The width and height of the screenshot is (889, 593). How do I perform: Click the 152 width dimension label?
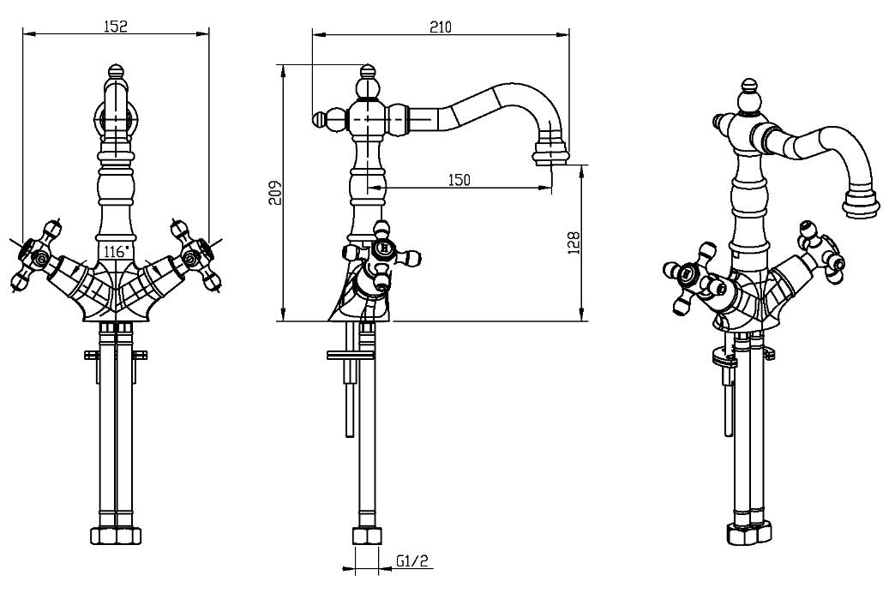(x=116, y=26)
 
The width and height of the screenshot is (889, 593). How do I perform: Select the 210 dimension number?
(x=440, y=27)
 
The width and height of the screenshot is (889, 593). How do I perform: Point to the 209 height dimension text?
(x=273, y=193)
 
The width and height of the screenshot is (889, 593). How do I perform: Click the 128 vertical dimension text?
(x=574, y=242)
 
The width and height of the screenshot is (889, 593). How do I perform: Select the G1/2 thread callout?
(x=412, y=562)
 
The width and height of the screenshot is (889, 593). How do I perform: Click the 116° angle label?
(x=116, y=251)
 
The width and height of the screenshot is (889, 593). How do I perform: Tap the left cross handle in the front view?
(x=34, y=255)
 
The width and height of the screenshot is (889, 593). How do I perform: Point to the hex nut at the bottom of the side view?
(x=367, y=536)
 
